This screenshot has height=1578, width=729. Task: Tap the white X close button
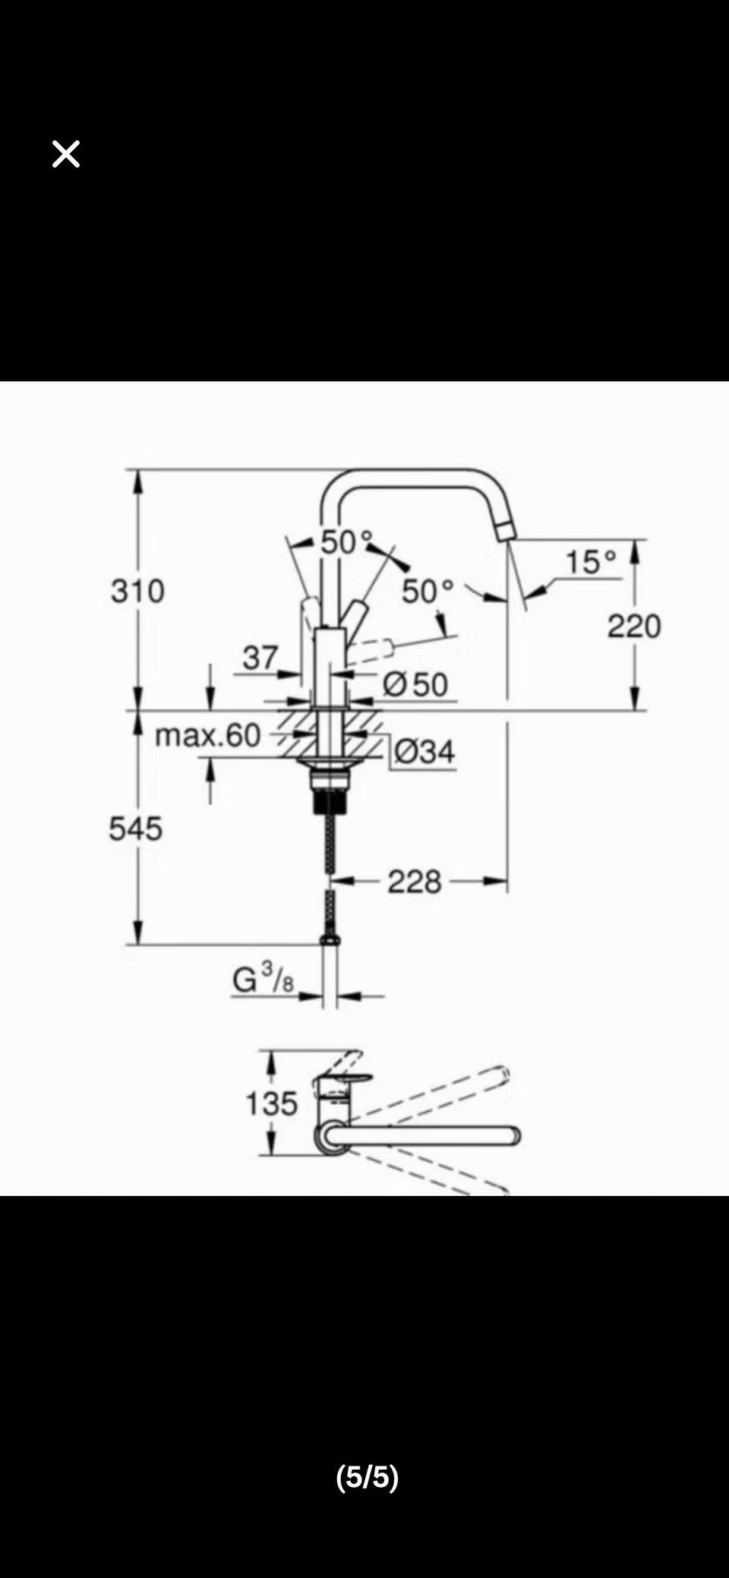pos(66,154)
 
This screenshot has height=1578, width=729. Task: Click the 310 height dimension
pos(137,591)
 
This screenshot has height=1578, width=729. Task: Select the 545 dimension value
pos(135,828)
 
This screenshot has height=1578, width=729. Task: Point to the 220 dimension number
pos(634,626)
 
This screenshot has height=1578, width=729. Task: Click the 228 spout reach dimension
pos(415,882)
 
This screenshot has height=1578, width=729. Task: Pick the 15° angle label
pos(591,562)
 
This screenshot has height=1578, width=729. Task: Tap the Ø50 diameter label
pos(415,685)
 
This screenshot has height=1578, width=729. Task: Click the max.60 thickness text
pos(207,735)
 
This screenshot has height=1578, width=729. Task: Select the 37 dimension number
pos(260,658)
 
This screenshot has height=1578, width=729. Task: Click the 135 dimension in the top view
pos(271,1103)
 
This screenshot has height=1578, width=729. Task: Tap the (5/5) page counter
pos(368,1476)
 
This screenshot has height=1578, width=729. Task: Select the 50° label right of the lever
pos(428,591)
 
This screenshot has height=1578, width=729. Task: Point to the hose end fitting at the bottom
pos(330,940)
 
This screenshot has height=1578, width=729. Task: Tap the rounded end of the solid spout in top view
pos(515,1136)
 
